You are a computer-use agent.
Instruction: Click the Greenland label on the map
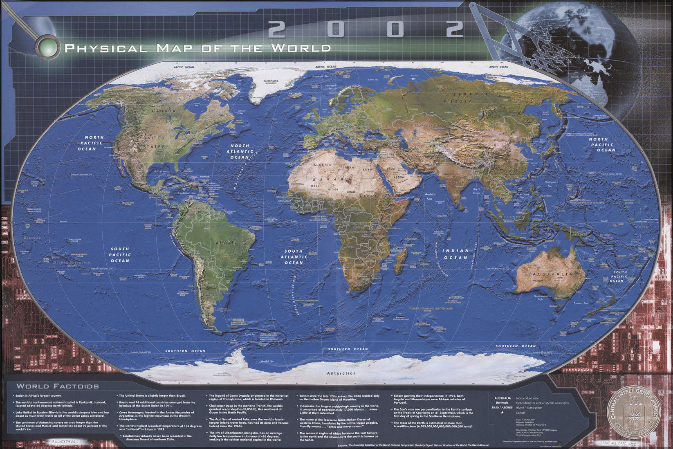(271, 81)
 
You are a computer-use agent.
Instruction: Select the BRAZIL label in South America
(226, 242)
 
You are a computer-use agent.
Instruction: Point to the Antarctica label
(341, 373)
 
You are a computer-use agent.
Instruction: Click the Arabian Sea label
(431, 197)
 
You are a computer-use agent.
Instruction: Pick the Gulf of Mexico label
(162, 171)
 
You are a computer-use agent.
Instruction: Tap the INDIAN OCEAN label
(455, 254)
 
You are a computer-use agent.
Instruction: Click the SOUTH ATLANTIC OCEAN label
(294, 257)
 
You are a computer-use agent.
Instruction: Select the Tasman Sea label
(581, 303)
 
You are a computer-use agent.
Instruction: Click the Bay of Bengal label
(476, 191)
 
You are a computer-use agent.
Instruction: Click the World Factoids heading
(58, 386)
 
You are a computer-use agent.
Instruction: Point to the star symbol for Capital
(503, 413)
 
